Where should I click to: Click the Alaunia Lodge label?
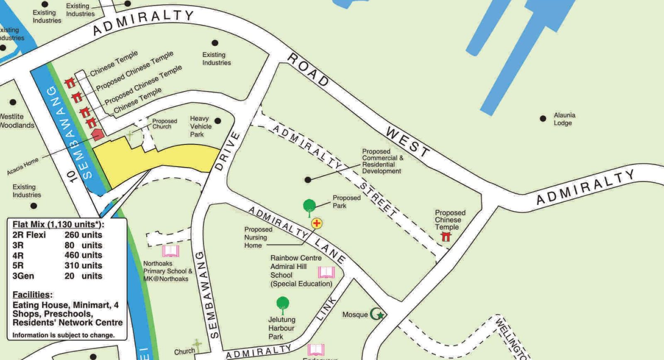tap(564, 119)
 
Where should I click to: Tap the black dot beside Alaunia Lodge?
tap(543, 119)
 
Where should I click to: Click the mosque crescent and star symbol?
tap(377, 314)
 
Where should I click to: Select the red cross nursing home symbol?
tap(317, 223)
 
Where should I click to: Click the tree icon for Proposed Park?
tap(309, 207)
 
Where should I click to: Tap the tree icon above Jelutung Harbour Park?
tap(283, 304)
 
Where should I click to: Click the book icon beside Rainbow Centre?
tap(326, 272)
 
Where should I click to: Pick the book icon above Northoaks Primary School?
tap(171, 251)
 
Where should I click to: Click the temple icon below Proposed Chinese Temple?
tap(446, 237)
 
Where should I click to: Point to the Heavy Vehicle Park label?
tap(201, 126)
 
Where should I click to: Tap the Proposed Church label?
tap(164, 124)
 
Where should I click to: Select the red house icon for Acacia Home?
tap(97, 135)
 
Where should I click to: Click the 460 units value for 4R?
tap(83, 255)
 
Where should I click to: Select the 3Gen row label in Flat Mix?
tap(23, 276)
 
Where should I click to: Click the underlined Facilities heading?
tap(32, 295)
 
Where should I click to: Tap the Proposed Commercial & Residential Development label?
tap(382, 161)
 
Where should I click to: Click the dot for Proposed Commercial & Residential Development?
tap(308, 180)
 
